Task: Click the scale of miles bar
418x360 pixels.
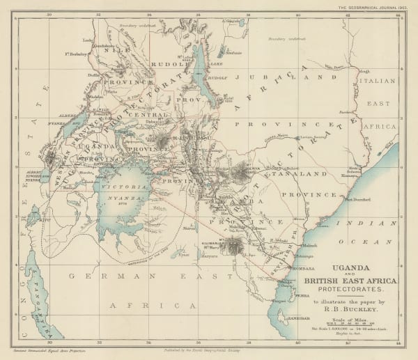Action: (355, 324)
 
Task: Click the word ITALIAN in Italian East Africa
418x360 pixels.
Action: (387, 81)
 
